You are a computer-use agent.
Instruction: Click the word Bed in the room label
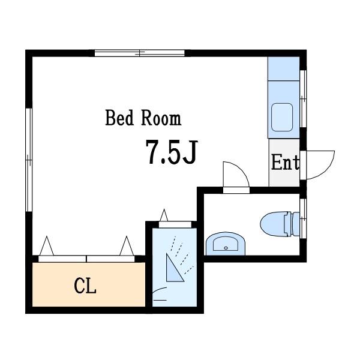coord(119,118)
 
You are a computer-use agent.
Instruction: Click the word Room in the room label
coord(161,118)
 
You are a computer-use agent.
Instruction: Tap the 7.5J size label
coord(172,152)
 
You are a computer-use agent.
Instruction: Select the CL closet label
coord(85,286)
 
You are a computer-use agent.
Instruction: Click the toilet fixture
coord(280,224)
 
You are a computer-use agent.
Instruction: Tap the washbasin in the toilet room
coord(226,244)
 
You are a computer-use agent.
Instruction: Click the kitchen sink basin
coord(282,117)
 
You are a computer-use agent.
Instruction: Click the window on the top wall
coord(140,53)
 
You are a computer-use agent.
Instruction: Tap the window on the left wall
coord(29,160)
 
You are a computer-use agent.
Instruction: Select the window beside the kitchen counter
coord(303,98)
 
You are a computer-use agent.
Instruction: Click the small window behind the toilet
coord(303,218)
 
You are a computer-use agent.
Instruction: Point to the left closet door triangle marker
coord(47,245)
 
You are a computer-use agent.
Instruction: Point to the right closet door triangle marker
coord(127,245)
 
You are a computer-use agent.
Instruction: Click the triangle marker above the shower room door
coord(164,215)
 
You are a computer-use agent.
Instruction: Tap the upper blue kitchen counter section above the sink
coord(284,68)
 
